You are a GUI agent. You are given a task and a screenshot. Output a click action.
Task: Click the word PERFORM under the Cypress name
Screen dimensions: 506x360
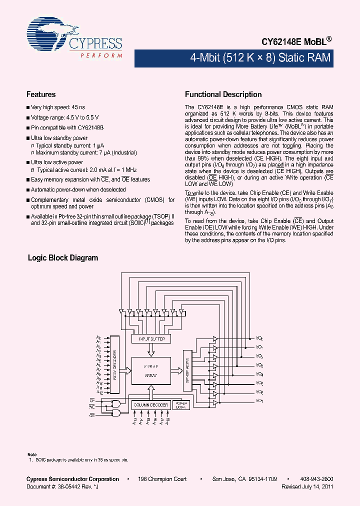[x=101, y=55]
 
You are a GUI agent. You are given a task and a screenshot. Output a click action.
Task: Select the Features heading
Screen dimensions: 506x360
[x=41, y=94]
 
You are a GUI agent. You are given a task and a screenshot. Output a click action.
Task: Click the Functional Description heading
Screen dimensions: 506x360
[x=223, y=94]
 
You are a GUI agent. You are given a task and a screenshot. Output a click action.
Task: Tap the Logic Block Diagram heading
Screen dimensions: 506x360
[x=63, y=258]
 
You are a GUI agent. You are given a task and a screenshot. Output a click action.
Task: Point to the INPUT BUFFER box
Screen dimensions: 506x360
[x=151, y=339]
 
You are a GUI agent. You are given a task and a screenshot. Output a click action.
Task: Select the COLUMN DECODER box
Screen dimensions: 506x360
[x=150, y=404]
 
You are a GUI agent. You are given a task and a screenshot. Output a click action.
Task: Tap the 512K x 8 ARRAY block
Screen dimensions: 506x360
[x=150, y=370]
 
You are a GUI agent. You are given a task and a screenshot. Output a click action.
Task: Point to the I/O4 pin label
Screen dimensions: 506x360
[x=260, y=374]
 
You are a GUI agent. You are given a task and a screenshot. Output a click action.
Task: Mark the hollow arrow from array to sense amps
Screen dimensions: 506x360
[x=176, y=370]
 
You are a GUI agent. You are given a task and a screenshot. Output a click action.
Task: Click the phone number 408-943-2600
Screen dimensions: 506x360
[x=316, y=479]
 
